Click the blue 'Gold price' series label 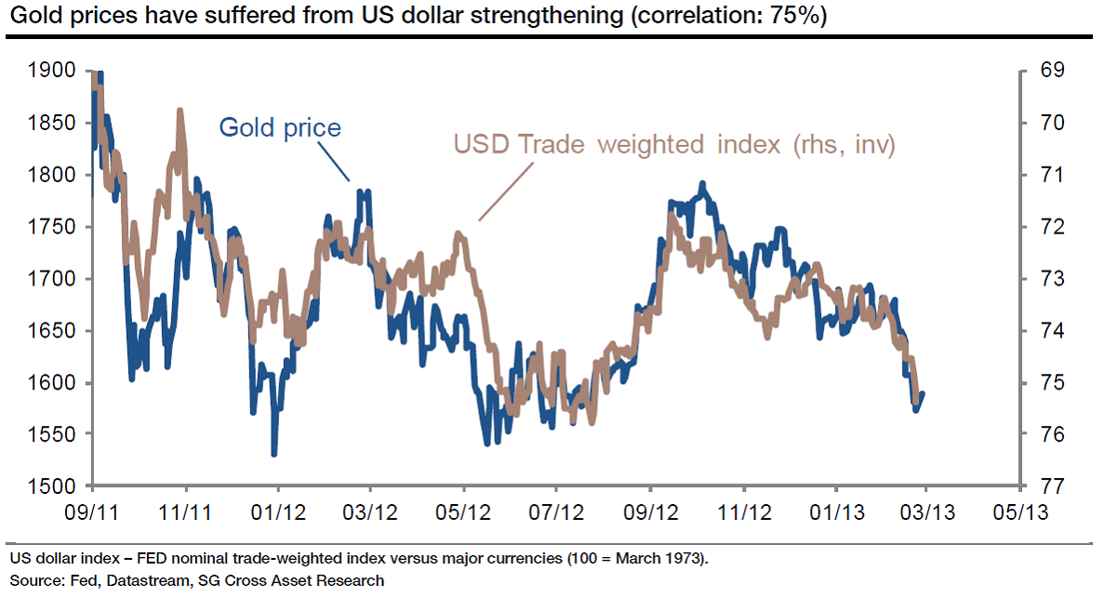[x=280, y=126]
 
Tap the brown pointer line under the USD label [x=507, y=191]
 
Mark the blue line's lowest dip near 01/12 [x=273, y=454]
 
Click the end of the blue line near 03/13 [x=923, y=394]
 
